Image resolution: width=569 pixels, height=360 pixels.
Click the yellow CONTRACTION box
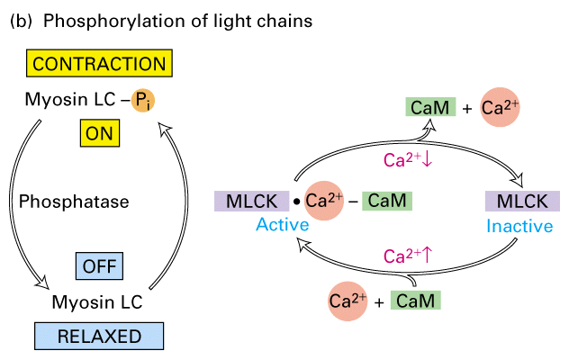[98, 64]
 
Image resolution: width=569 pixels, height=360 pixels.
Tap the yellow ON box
[98, 134]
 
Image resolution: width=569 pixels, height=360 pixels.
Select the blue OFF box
[98, 267]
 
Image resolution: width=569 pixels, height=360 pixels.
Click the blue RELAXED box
[99, 337]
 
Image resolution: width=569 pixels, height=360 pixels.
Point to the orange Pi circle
[141, 101]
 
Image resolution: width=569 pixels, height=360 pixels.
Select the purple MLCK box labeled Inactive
[523, 200]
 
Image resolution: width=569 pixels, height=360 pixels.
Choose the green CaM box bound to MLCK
[388, 200]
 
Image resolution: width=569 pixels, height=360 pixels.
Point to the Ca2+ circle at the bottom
[348, 301]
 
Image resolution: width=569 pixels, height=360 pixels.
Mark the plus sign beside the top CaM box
[465, 110]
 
